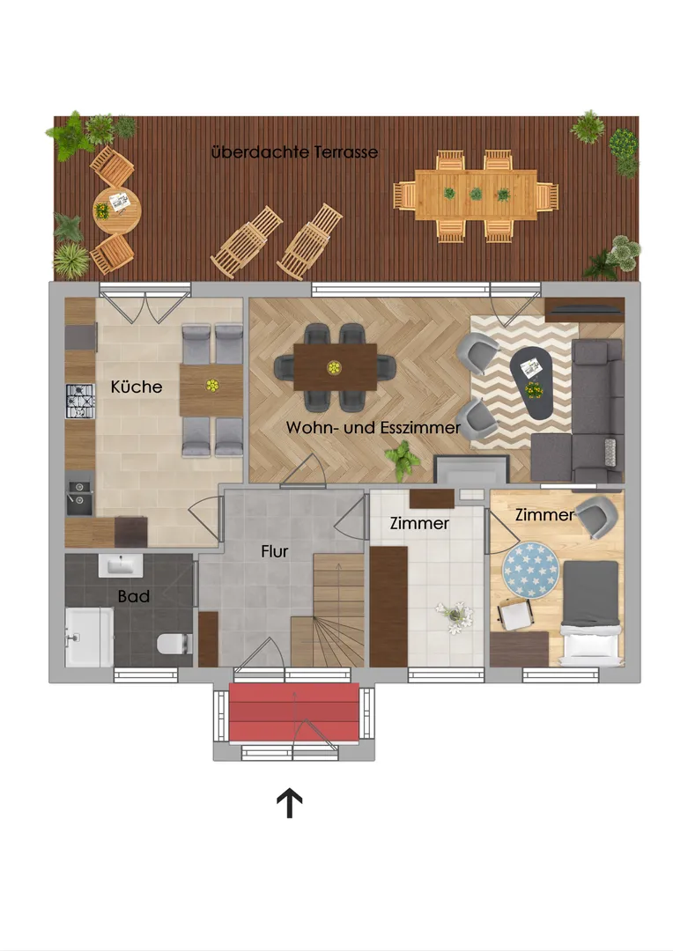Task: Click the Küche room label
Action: tap(137, 387)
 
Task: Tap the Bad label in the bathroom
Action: tap(134, 596)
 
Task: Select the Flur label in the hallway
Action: tap(274, 551)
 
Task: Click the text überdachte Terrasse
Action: tap(294, 151)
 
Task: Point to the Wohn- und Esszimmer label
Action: tap(373, 428)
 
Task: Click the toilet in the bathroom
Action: tap(174, 644)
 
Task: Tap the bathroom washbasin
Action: tap(121, 565)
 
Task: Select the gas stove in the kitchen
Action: tap(80, 402)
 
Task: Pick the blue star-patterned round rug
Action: tap(532, 569)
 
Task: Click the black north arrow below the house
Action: tap(290, 803)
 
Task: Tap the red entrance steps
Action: tap(293, 712)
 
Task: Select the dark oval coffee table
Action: tap(531, 384)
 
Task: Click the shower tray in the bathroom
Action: tap(89, 637)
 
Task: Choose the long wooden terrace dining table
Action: tap(476, 195)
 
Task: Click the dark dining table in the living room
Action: tap(335, 367)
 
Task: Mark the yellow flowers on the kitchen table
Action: tap(211, 385)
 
